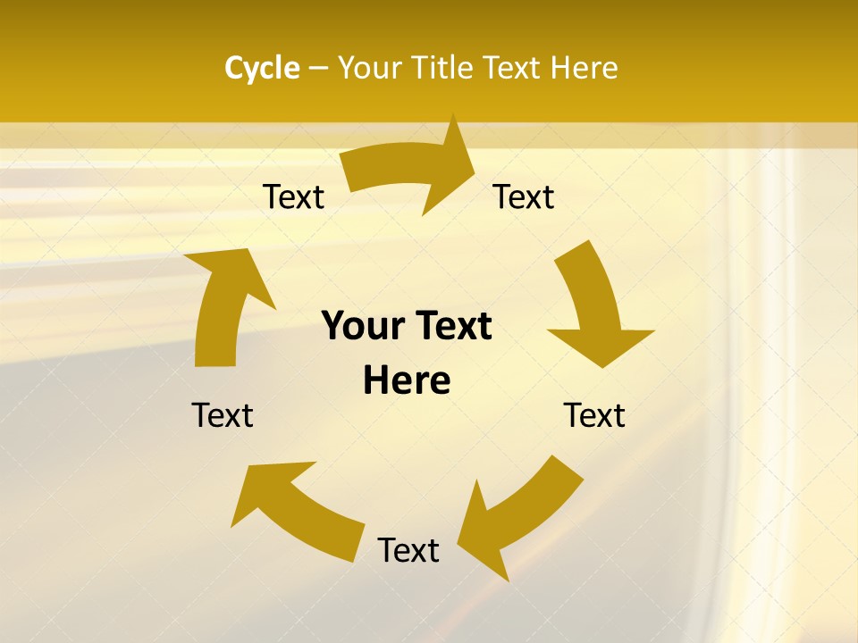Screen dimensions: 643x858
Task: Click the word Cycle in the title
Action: [262, 68]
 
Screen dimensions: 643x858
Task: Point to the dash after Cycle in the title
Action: [318, 69]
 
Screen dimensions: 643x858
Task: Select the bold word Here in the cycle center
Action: [407, 381]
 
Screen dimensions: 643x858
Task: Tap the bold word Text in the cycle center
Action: [450, 327]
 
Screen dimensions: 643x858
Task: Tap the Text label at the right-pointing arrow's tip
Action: [524, 196]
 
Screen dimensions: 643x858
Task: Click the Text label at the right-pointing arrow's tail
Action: [293, 196]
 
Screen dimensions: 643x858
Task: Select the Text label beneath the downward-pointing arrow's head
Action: [594, 415]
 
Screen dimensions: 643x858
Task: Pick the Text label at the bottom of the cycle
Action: [408, 550]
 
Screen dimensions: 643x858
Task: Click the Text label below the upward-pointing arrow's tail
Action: [223, 415]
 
